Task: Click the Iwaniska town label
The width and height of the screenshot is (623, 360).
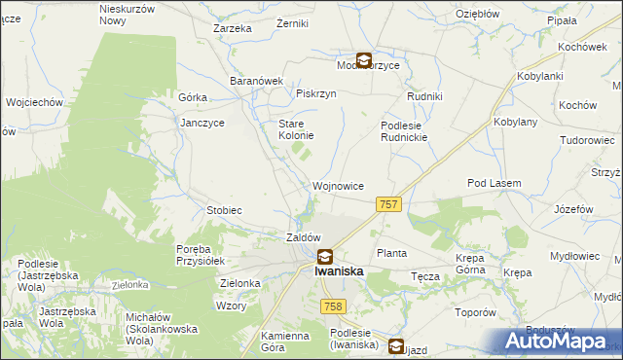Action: pyautogui.click(x=339, y=272)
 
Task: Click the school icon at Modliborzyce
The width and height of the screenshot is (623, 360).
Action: pyautogui.click(x=363, y=59)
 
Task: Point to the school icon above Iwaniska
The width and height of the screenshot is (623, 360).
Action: pyautogui.click(x=324, y=257)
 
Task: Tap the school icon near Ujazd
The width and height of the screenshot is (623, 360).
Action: pyautogui.click(x=396, y=345)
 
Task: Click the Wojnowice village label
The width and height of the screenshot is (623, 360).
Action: pyautogui.click(x=338, y=185)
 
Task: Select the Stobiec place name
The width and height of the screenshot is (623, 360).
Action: pyautogui.click(x=224, y=210)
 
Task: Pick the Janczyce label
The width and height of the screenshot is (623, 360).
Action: pyautogui.click(x=203, y=124)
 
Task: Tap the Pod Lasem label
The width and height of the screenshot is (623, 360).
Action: pyautogui.click(x=495, y=183)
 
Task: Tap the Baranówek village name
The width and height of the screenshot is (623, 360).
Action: pyautogui.click(x=255, y=81)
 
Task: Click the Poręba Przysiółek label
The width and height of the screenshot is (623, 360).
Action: pyautogui.click(x=201, y=255)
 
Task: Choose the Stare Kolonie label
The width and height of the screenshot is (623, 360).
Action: pyautogui.click(x=296, y=130)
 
